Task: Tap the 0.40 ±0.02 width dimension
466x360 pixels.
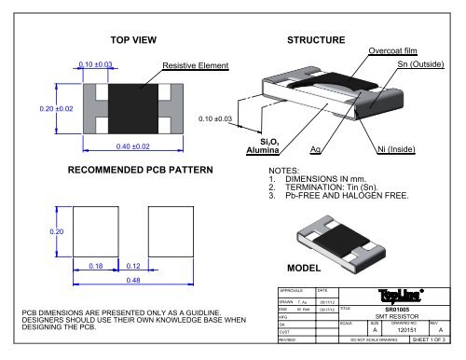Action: (126, 146)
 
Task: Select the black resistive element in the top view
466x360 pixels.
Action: (126, 107)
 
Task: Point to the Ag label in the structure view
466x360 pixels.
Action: (317, 149)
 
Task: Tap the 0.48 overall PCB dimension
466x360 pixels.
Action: (134, 280)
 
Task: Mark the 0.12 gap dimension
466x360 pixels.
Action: (132, 266)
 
